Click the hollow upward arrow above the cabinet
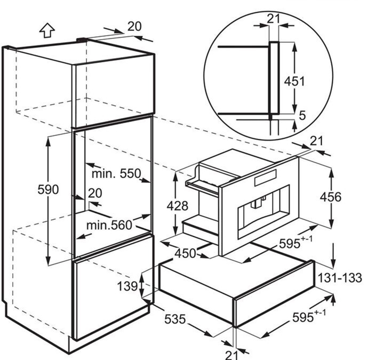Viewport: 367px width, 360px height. [x=47, y=30]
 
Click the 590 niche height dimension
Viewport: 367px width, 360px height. [x=48, y=189]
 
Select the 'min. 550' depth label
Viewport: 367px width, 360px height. [x=116, y=174]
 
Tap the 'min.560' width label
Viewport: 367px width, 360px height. [x=109, y=225]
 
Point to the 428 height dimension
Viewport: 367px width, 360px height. [x=178, y=206]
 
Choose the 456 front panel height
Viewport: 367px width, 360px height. [x=331, y=197]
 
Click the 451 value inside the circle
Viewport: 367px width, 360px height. [x=294, y=81]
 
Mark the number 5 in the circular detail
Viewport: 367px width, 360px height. [x=302, y=115]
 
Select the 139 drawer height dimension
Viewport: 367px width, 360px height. [x=127, y=286]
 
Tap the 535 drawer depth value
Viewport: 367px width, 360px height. [x=175, y=319]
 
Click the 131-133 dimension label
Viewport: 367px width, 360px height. [x=340, y=278]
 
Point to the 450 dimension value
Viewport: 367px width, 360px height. [x=185, y=253]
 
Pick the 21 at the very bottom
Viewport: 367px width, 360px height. [x=232, y=355]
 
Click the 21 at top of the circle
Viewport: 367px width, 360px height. [x=273, y=18]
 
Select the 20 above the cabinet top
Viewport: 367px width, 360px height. [x=134, y=26]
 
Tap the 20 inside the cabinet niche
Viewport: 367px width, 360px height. [x=95, y=194]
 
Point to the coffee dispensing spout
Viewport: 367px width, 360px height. [x=257, y=203]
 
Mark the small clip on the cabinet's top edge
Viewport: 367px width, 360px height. [x=82, y=40]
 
